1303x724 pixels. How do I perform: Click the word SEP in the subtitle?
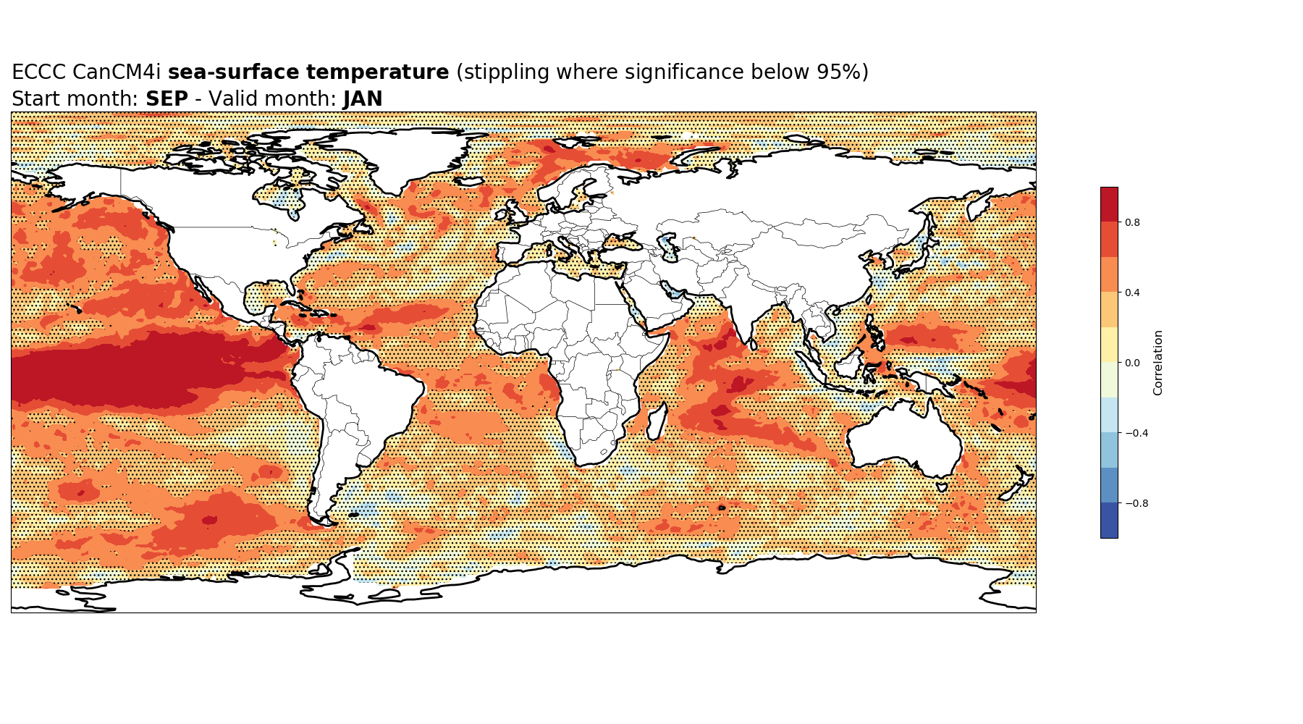pyautogui.click(x=166, y=99)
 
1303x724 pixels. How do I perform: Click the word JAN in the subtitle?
pyautogui.click(x=363, y=99)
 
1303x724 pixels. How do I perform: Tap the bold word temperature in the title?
pyautogui.click(x=377, y=72)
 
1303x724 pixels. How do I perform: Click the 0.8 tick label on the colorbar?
pyautogui.click(x=1132, y=222)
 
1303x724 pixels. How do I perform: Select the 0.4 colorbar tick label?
pyautogui.click(x=1132, y=292)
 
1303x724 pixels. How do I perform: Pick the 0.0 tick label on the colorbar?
pyautogui.click(x=1132, y=363)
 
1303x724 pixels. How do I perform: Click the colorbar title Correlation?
pyautogui.click(x=1158, y=363)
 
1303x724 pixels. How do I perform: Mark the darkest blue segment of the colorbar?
pyautogui.click(x=1109, y=521)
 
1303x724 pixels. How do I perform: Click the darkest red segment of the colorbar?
pyautogui.click(x=1109, y=205)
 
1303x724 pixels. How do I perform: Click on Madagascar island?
pyautogui.click(x=657, y=423)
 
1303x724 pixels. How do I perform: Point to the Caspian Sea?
pyautogui.click(x=670, y=246)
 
